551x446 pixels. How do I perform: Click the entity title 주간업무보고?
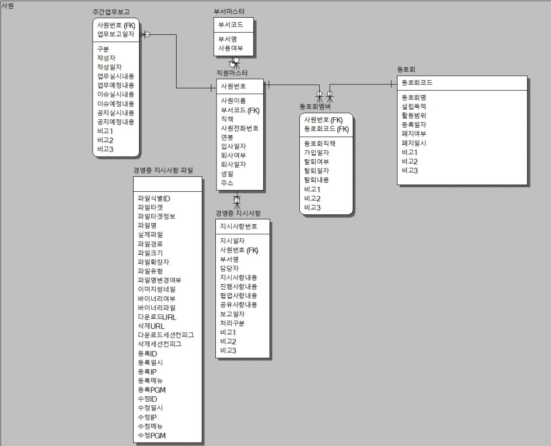click(x=111, y=12)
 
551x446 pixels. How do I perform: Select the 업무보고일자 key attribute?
click(x=115, y=34)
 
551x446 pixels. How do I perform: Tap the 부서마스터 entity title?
click(x=229, y=12)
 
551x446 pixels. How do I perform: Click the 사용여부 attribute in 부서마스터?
click(x=231, y=48)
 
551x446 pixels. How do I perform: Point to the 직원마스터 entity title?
click(x=232, y=73)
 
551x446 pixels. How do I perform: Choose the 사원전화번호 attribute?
click(x=240, y=128)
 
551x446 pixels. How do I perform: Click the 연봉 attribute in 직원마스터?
click(x=227, y=137)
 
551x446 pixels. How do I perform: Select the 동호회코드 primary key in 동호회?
click(x=417, y=82)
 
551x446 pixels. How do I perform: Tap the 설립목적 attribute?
click(x=414, y=106)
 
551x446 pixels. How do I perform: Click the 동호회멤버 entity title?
click(x=315, y=106)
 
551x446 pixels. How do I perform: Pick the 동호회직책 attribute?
click(x=320, y=143)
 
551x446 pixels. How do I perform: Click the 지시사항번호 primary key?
click(x=239, y=226)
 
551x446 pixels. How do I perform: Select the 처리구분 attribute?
click(x=232, y=323)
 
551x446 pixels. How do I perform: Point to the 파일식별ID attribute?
click(x=154, y=198)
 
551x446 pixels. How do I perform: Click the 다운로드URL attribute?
click(x=157, y=317)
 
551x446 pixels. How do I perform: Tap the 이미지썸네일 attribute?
click(x=157, y=289)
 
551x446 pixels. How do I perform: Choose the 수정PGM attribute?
click(x=151, y=435)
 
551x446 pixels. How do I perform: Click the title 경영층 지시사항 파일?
click(x=163, y=170)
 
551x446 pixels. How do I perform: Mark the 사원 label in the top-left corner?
click(x=7, y=6)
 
